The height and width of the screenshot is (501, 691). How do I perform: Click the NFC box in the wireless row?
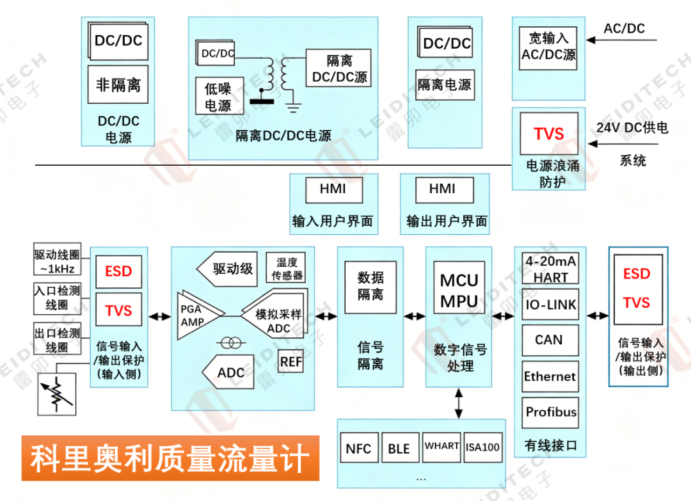(x=358, y=448)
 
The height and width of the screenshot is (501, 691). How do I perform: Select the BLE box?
(x=399, y=448)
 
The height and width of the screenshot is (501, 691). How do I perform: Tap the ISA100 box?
(x=482, y=447)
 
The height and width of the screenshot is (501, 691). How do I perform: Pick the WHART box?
(x=441, y=446)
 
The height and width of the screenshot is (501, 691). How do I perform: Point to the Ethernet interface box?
(x=550, y=376)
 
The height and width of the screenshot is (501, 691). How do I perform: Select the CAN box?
(x=549, y=340)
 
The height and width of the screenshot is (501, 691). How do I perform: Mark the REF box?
(x=291, y=362)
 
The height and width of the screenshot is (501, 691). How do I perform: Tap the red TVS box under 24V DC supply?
(x=549, y=134)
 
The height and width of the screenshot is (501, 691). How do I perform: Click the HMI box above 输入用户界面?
(x=333, y=189)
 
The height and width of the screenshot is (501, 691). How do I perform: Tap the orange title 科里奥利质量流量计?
(x=170, y=458)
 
